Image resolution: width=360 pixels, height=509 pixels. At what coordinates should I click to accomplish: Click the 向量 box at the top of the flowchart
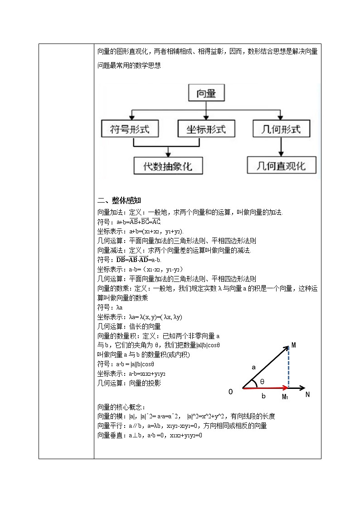[x=206, y=94]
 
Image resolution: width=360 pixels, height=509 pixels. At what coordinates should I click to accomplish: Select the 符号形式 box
[x=129, y=129]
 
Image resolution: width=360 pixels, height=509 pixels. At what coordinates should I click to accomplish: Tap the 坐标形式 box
[x=206, y=129]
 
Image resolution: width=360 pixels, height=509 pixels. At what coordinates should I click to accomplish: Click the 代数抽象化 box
[x=168, y=166]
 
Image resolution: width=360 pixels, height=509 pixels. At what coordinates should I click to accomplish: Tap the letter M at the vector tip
[x=294, y=345]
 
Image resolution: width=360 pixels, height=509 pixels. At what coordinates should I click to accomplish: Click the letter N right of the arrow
[x=307, y=394]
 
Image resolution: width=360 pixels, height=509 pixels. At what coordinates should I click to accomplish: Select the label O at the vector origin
[x=230, y=392]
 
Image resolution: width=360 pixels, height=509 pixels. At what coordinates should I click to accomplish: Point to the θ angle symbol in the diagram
[x=262, y=382]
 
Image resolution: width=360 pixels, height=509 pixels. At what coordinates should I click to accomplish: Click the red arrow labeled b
[x=265, y=388]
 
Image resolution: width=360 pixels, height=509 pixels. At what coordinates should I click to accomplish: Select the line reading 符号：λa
[x=107, y=307]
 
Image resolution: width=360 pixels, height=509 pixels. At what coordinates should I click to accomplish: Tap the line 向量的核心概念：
[x=121, y=407]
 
